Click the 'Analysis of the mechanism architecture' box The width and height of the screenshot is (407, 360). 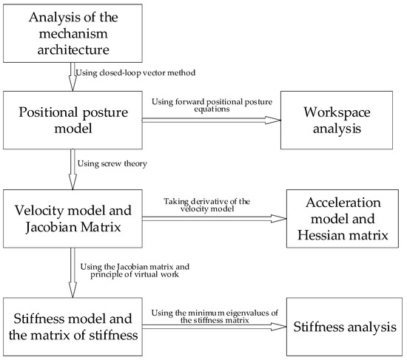point(72,32)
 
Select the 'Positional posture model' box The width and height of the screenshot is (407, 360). point(72,118)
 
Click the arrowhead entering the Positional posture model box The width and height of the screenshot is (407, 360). point(72,86)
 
